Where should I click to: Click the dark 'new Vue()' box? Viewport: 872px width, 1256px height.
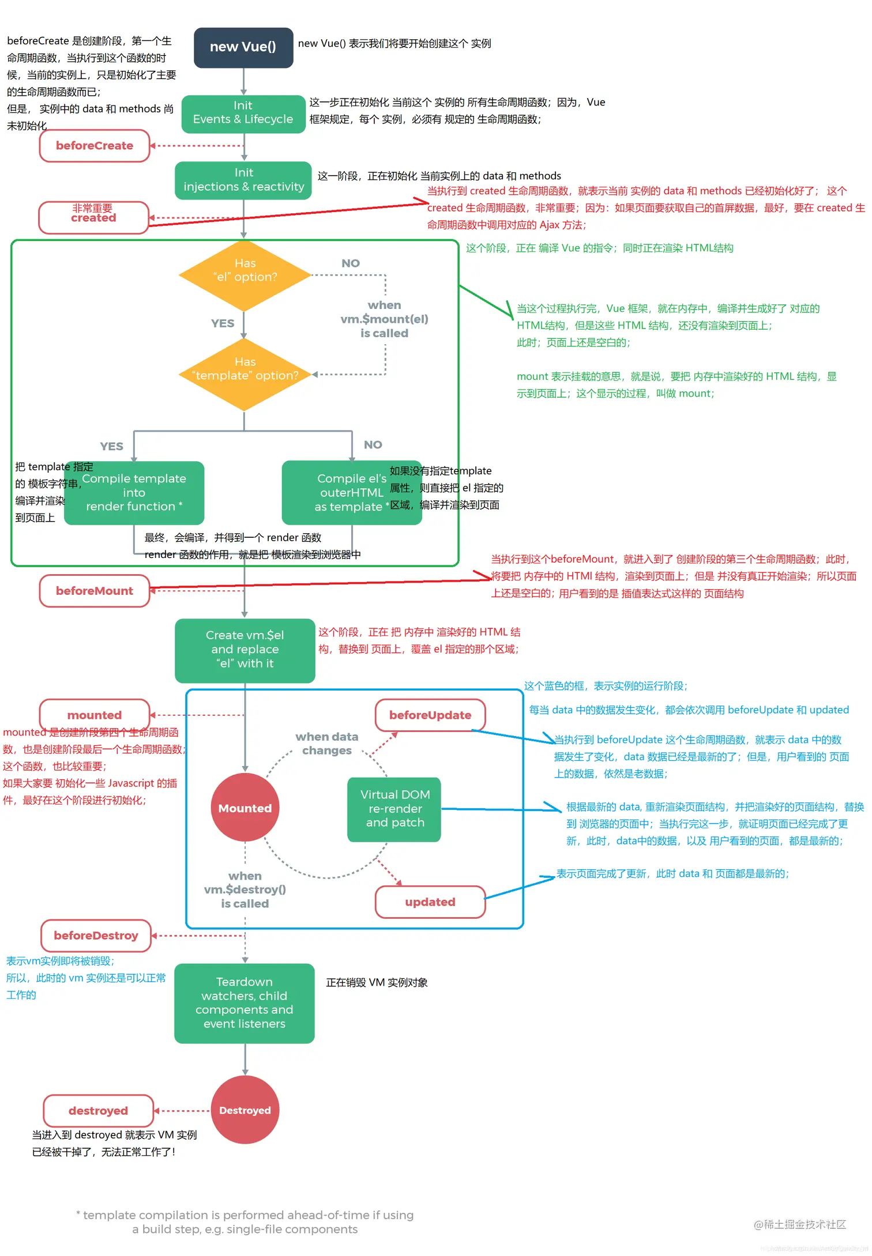tap(243, 47)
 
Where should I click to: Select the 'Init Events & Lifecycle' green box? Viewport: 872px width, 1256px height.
tap(243, 113)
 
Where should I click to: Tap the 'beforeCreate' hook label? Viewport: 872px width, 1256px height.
tap(95, 146)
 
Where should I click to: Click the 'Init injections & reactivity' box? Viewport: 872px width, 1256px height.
tap(243, 180)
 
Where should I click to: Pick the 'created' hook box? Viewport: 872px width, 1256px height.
tap(93, 217)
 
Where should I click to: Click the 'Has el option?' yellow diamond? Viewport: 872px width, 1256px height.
tap(245, 276)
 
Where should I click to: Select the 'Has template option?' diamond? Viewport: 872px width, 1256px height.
tap(245, 374)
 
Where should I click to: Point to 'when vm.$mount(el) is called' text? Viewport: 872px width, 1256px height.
tap(384, 319)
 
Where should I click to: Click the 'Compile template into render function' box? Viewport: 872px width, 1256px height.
tap(134, 493)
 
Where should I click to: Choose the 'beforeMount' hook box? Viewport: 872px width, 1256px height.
tap(95, 591)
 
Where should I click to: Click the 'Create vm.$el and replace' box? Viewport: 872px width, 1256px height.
tap(245, 650)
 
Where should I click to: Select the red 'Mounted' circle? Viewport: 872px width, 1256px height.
tap(245, 808)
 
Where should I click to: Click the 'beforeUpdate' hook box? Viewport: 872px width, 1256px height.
tap(430, 715)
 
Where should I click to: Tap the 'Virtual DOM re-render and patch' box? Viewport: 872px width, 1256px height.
tap(394, 809)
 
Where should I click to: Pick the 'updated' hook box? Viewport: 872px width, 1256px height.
tap(430, 902)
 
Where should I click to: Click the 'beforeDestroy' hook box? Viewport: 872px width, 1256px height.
tap(96, 936)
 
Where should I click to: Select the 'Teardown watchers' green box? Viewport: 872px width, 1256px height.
tap(244, 1003)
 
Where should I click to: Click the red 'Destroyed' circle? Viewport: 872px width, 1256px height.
tap(245, 1110)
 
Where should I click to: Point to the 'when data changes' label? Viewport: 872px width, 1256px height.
tap(327, 744)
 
